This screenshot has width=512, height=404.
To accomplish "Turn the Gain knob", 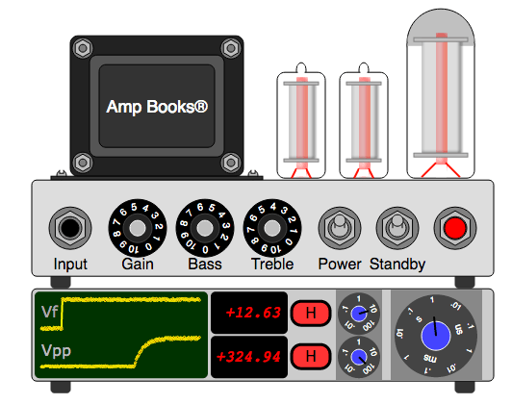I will coord(136,228).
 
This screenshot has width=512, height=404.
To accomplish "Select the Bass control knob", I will coord(203,228).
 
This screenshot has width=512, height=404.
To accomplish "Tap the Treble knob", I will coord(270,228).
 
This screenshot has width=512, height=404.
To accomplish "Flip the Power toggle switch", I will coord(338,229).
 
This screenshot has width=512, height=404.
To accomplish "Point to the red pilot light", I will coord(454,229).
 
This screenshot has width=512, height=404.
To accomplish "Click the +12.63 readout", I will coord(248,313).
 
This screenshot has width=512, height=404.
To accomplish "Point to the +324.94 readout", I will coord(248,357).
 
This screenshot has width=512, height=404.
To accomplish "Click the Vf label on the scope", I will coord(49,312).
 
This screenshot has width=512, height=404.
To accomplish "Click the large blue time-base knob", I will coord(435,337).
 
